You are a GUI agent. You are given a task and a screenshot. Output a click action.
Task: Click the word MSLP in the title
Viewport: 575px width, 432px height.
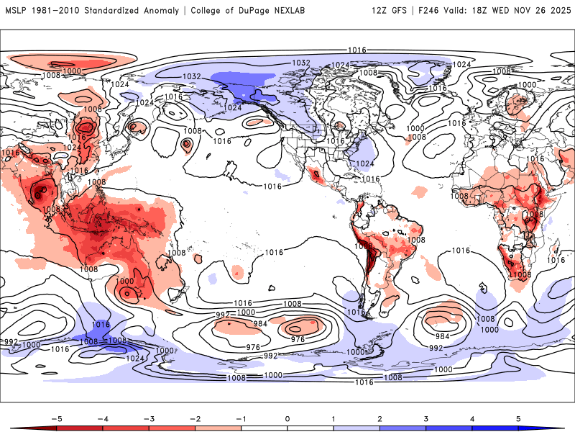(17, 11)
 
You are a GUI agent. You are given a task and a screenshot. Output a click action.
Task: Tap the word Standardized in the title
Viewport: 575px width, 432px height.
(121, 11)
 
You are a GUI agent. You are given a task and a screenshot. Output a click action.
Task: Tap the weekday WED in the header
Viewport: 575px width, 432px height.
(513, 11)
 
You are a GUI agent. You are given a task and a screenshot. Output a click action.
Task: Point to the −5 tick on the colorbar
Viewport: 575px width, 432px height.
(55, 418)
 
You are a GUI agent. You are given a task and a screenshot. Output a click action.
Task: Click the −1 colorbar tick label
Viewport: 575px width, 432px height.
(240, 418)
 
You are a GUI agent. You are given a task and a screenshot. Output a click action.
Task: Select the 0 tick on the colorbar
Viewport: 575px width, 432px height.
(287, 418)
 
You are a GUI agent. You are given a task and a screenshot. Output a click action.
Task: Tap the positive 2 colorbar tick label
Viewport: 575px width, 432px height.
(380, 418)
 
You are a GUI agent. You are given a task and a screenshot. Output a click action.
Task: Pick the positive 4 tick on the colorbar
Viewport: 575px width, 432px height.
(473, 418)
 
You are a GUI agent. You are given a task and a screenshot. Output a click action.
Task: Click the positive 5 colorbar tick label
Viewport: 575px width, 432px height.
(519, 418)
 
